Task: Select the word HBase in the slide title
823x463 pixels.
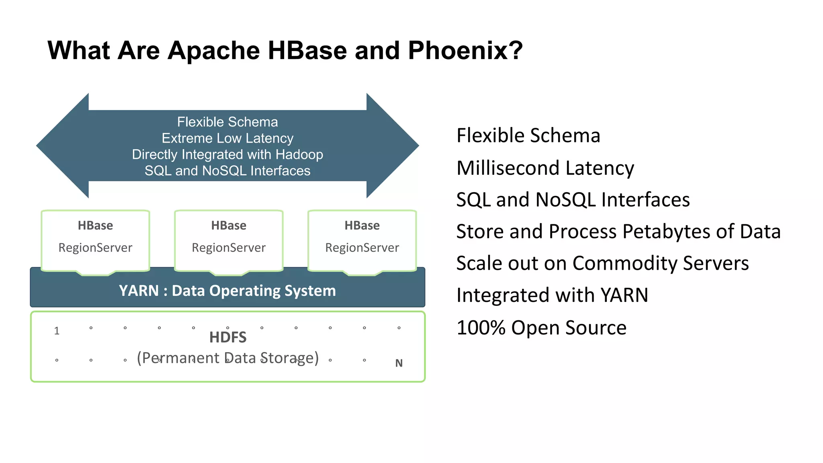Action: pos(307,51)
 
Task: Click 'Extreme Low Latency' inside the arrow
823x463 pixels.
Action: pos(227,138)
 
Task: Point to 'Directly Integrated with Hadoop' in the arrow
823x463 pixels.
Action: pos(227,154)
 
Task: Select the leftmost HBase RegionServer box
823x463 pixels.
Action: pos(95,240)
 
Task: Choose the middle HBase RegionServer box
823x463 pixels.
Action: pos(229,240)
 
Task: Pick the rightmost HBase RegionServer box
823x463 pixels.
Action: pos(362,240)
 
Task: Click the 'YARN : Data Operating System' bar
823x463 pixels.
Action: pos(227,291)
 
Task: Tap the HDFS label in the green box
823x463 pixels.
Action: pos(227,337)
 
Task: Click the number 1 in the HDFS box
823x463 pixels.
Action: pos(57,331)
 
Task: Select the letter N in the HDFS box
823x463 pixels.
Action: pos(399,363)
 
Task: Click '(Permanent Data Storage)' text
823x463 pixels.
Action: pos(227,358)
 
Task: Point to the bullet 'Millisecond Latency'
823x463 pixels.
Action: pos(545,168)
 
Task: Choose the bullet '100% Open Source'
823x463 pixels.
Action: pos(541,327)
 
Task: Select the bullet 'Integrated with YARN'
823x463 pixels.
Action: pos(552,295)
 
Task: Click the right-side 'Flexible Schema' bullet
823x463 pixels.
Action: pos(528,135)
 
